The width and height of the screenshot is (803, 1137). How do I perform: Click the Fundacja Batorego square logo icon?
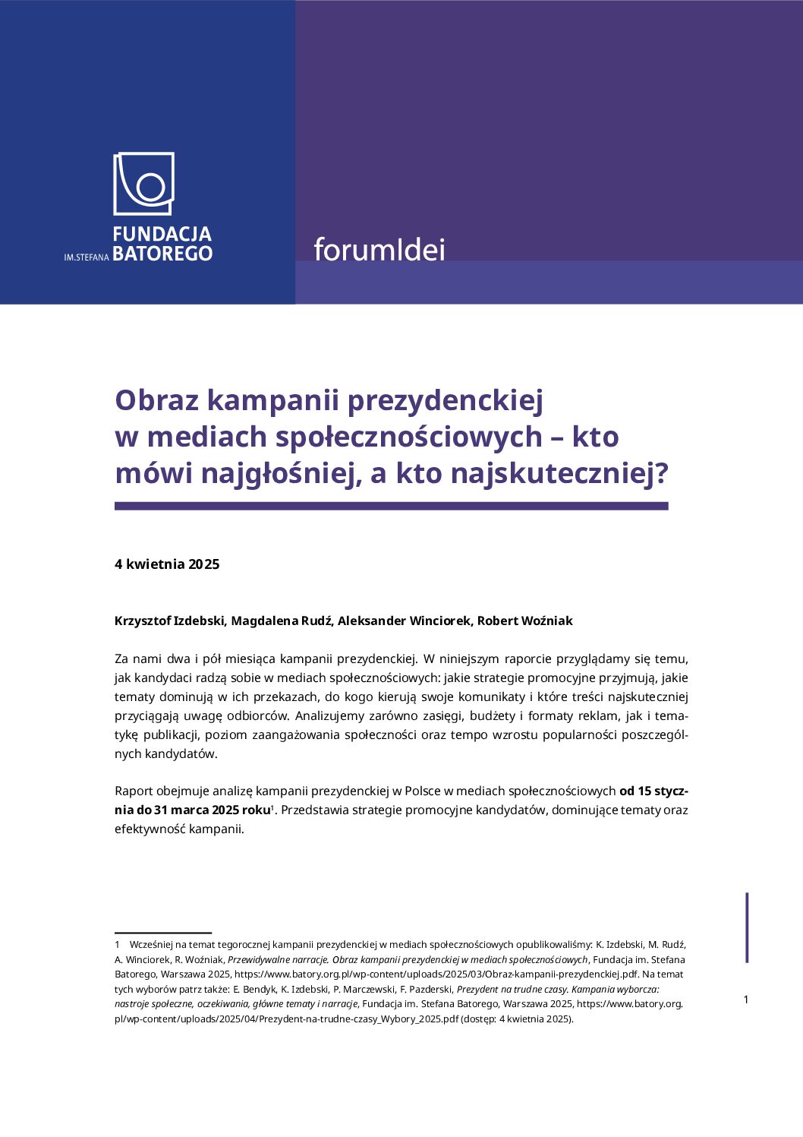[144, 184]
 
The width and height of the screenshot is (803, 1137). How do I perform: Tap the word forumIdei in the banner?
[379, 250]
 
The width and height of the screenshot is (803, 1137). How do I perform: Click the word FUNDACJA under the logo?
[162, 234]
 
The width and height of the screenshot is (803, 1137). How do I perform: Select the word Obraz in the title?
[156, 400]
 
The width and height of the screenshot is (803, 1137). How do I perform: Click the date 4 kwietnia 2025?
[167, 564]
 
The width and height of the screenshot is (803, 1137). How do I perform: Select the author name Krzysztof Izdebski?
[170, 621]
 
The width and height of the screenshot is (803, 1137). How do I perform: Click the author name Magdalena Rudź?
[281, 621]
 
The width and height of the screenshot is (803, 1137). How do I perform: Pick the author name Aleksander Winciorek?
[405, 621]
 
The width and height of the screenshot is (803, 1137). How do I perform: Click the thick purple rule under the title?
[391, 506]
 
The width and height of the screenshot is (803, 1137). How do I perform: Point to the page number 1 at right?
[745, 1000]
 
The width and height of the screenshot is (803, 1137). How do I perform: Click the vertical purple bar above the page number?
[748, 927]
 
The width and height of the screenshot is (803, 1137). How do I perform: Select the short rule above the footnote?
[163, 932]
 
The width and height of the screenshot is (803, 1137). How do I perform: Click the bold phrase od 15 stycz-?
[653, 791]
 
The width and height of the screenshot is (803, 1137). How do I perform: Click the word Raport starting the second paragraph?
[134, 791]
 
